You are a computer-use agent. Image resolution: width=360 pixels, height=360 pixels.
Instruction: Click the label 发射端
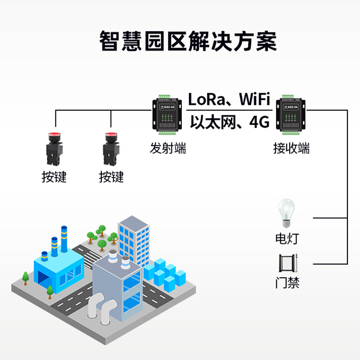coord(168,148)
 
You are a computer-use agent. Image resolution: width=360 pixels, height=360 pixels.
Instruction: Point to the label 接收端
coord(292,148)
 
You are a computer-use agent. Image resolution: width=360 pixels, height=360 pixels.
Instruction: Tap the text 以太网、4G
coord(229,121)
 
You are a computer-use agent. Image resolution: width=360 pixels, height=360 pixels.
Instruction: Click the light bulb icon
coord(286,212)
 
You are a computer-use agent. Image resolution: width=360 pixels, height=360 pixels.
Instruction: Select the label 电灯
coord(287,238)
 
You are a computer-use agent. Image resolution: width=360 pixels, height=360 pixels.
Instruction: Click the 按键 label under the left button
coord(54,177)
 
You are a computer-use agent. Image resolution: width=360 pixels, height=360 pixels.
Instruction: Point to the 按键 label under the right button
coord(111,177)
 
